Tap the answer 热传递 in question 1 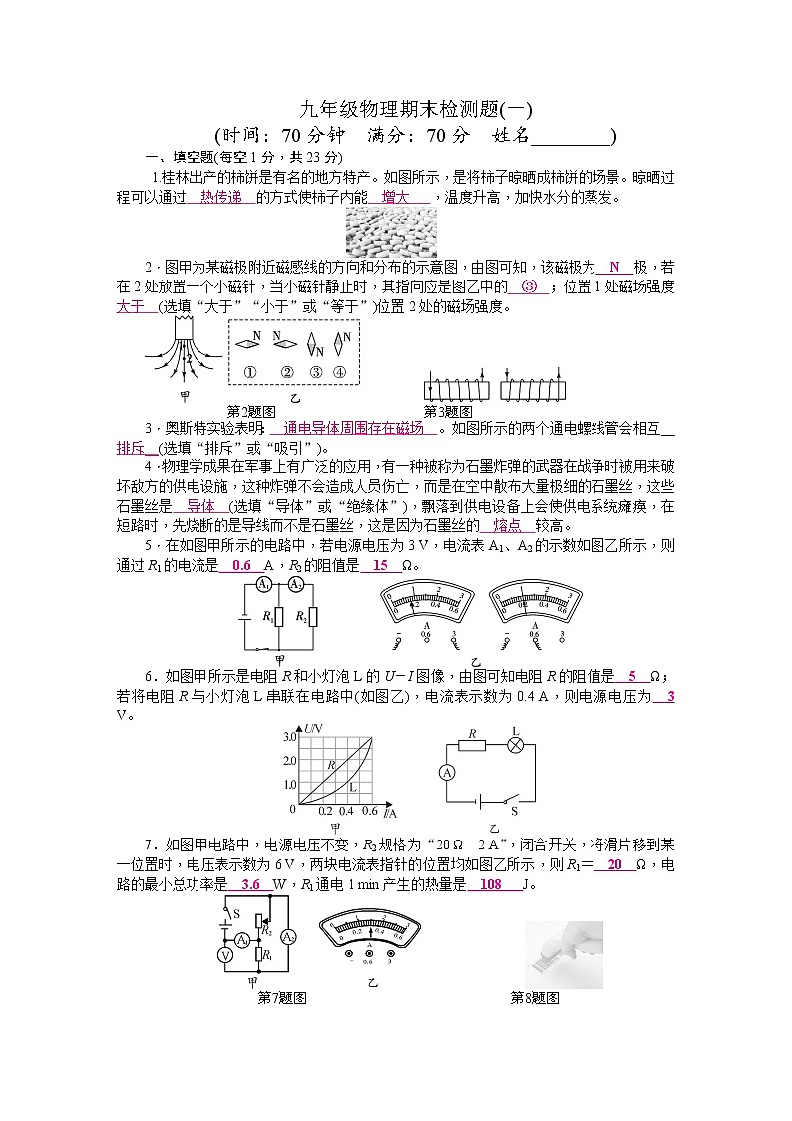tap(220, 198)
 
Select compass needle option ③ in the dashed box tap(316, 346)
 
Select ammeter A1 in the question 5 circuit tap(264, 584)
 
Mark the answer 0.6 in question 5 tap(241, 565)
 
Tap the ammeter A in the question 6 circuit tap(448, 773)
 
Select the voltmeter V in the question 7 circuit tap(225, 955)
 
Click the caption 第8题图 tap(535, 997)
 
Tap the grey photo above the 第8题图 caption tap(564, 954)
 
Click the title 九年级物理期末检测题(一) tap(416, 110)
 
